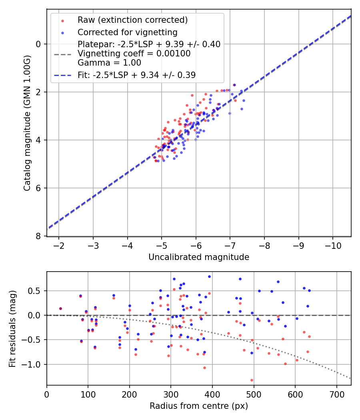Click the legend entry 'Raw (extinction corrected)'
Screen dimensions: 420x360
click(x=132, y=20)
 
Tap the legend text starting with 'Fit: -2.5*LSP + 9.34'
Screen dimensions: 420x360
click(x=136, y=75)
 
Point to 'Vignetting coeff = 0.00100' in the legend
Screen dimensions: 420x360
click(x=134, y=53)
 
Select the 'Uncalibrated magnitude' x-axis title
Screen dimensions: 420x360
click(x=199, y=257)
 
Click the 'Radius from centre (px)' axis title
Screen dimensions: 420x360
click(x=199, y=406)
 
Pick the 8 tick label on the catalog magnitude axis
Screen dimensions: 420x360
click(x=39, y=236)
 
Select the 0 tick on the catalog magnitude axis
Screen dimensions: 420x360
click(x=39, y=44)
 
